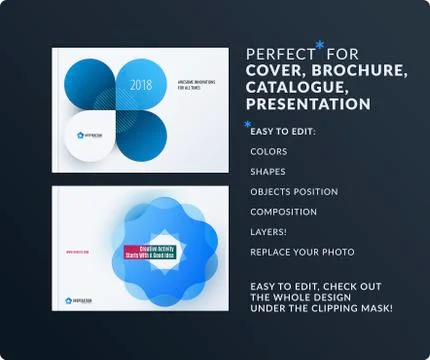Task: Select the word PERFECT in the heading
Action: click(280, 53)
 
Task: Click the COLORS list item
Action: click(269, 152)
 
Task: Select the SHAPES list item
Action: click(268, 172)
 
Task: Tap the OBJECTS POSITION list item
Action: click(294, 192)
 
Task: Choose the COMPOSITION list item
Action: click(284, 212)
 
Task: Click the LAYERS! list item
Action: click(270, 232)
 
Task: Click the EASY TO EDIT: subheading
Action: click(283, 132)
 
